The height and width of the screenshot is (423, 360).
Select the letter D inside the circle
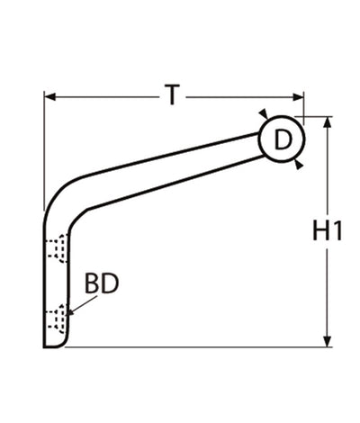pos(283,139)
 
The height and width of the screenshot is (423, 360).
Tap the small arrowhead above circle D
pos(262,114)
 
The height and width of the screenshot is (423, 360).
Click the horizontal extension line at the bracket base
pos(198,346)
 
